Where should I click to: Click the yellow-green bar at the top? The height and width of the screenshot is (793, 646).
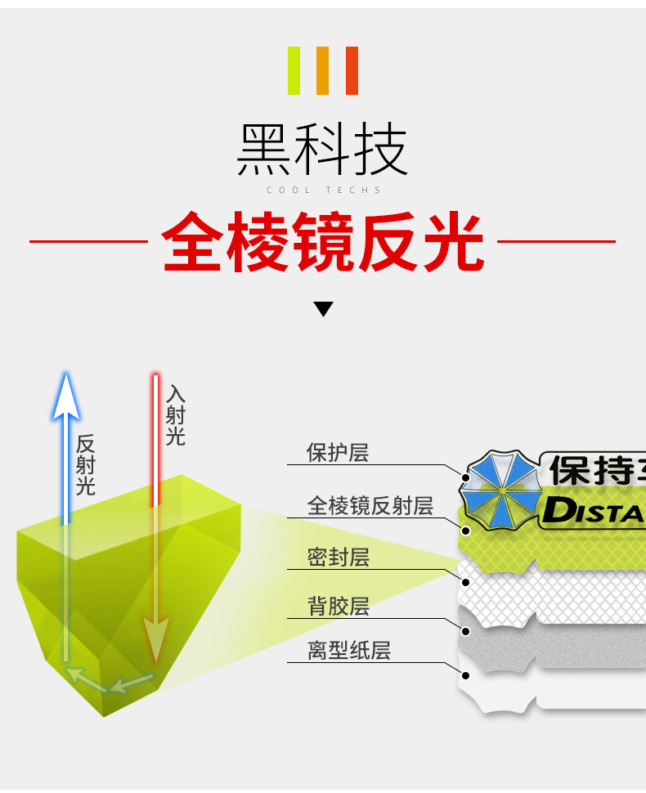(294, 70)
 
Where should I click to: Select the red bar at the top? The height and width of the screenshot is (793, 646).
(352, 70)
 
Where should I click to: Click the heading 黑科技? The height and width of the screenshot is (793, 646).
(322, 150)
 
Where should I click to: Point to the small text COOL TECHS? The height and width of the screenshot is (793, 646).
(324, 190)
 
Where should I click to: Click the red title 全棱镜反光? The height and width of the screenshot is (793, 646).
(322, 241)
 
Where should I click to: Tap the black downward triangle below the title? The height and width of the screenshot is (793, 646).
(324, 309)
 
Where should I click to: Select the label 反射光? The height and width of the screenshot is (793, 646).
(86, 465)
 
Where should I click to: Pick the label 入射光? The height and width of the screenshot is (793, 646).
(175, 415)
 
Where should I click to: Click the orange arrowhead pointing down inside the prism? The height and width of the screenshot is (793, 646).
(155, 634)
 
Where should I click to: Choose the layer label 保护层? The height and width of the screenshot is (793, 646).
(337, 453)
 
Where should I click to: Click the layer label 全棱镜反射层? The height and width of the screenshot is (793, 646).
(370, 506)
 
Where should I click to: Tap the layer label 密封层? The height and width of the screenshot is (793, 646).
(338, 558)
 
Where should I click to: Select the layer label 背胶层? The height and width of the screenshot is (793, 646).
(338, 607)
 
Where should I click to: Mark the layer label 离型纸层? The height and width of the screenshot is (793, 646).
(348, 651)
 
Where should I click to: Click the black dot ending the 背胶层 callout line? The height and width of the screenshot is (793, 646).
(465, 631)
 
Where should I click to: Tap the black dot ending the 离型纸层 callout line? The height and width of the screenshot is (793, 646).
(465, 676)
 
